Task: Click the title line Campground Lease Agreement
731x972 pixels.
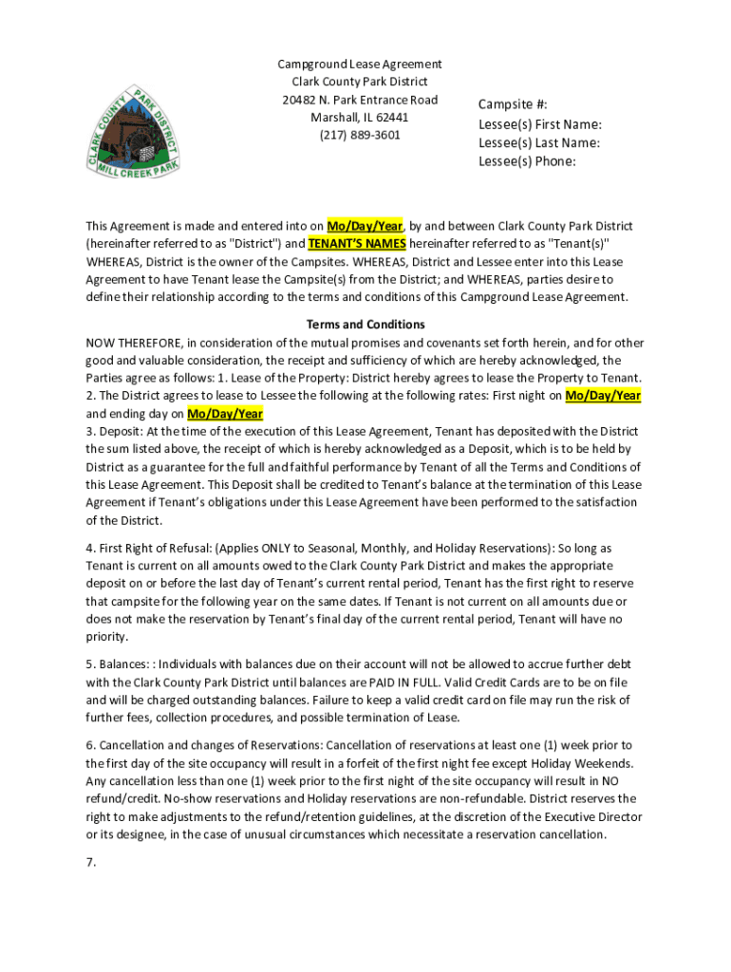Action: [x=359, y=65]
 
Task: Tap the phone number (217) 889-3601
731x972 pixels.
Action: [x=359, y=135]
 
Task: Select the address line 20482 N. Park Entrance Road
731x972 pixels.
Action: [x=359, y=100]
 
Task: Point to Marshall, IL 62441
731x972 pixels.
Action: [x=359, y=118]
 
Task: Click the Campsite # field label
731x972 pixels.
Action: [x=513, y=105]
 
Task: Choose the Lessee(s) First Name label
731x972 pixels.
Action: [x=539, y=124]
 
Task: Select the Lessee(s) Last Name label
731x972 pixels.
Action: [x=538, y=142]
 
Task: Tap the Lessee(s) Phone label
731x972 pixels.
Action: [x=527, y=161]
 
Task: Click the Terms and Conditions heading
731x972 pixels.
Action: [x=365, y=325]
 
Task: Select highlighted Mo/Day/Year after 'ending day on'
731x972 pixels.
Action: [x=225, y=414]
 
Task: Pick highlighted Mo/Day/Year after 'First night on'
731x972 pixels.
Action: [x=603, y=396]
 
